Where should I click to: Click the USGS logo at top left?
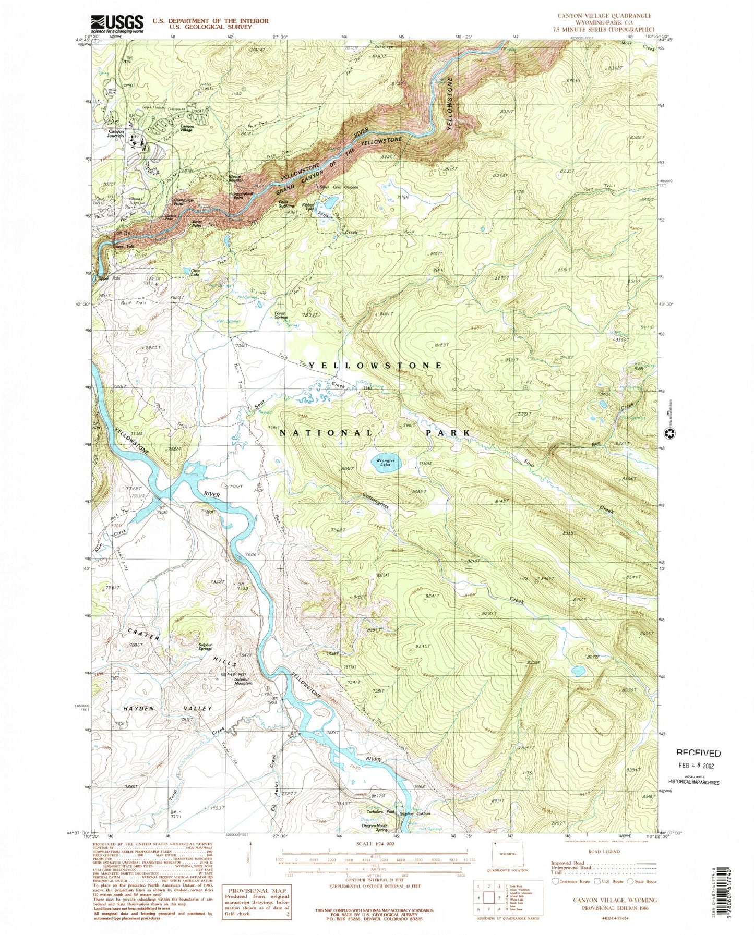117,23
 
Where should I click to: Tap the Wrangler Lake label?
385,463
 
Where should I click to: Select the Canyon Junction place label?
116,134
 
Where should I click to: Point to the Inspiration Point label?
243,196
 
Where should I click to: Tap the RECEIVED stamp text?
699,753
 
